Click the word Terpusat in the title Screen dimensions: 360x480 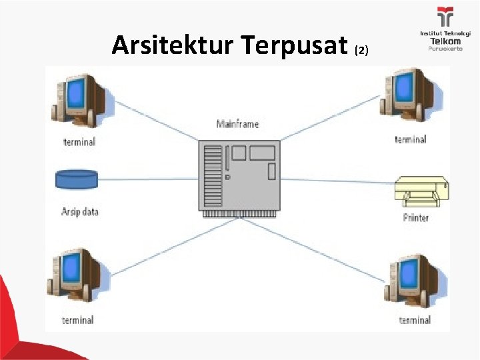pos(293,46)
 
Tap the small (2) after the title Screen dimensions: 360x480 pos(361,50)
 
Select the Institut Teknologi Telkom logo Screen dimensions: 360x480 pos(445,29)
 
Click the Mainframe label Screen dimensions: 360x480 pos(237,124)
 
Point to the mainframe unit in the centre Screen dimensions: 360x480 pos(239,177)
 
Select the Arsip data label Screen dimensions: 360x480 pos(80,212)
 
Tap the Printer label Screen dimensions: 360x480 pos(416,218)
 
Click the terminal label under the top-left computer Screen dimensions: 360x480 pos(79,141)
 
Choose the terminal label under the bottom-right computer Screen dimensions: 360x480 pos(415,320)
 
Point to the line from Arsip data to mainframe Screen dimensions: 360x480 pos(147,179)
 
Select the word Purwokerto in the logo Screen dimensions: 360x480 pos(445,49)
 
